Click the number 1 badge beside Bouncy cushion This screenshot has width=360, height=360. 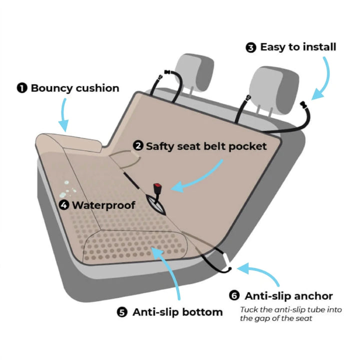click(22, 88)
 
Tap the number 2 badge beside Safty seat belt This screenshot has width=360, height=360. click(138, 146)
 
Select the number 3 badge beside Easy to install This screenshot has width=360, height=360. click(251, 47)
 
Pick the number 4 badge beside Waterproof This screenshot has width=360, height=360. click(64, 205)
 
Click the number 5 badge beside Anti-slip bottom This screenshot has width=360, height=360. click(122, 312)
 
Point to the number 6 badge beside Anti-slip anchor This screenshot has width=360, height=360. click(234, 296)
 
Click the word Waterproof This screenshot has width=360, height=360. click(103, 205)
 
